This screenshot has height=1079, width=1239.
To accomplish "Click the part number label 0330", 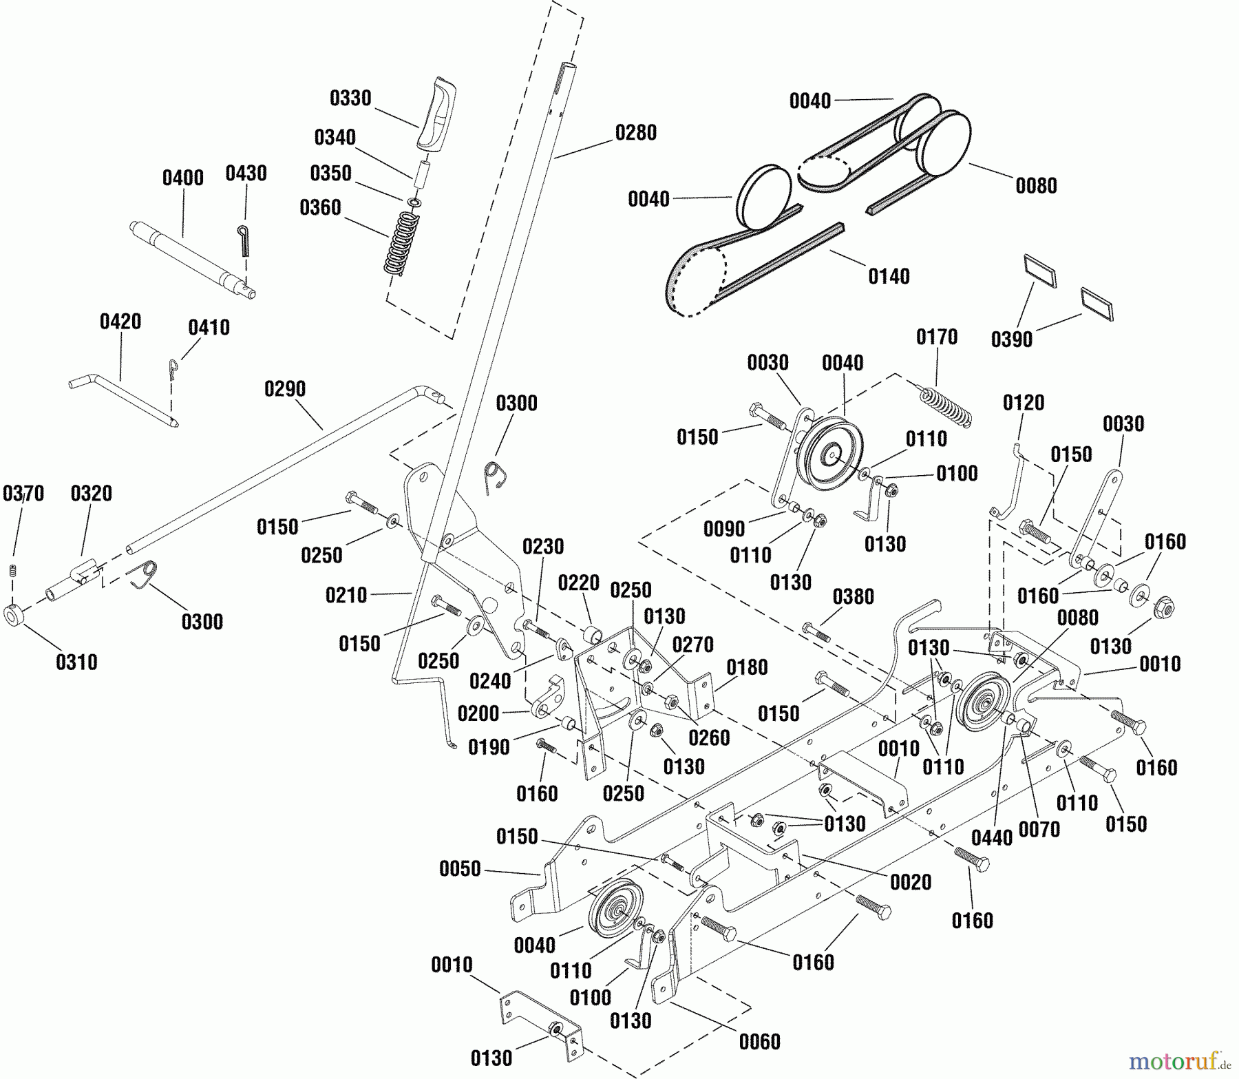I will coord(350,98).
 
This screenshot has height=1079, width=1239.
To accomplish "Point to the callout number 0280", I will coord(635,132).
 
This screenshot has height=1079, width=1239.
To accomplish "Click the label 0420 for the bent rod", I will coord(120,322).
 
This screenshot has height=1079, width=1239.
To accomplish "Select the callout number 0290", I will coord(285,389).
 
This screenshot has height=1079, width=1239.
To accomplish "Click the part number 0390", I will coord(1011,339).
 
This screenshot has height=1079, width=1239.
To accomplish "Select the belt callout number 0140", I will coord(889,276).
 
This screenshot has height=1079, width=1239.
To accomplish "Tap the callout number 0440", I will coord(992,837).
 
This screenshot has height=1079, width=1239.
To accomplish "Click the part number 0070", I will coord(1039,830).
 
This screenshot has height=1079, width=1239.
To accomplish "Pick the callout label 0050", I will coord(460,869).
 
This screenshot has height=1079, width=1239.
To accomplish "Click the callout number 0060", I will coord(759,1042).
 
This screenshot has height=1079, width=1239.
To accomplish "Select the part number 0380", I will coord(853,596).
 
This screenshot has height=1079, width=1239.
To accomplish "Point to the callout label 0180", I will coord(747,667).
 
